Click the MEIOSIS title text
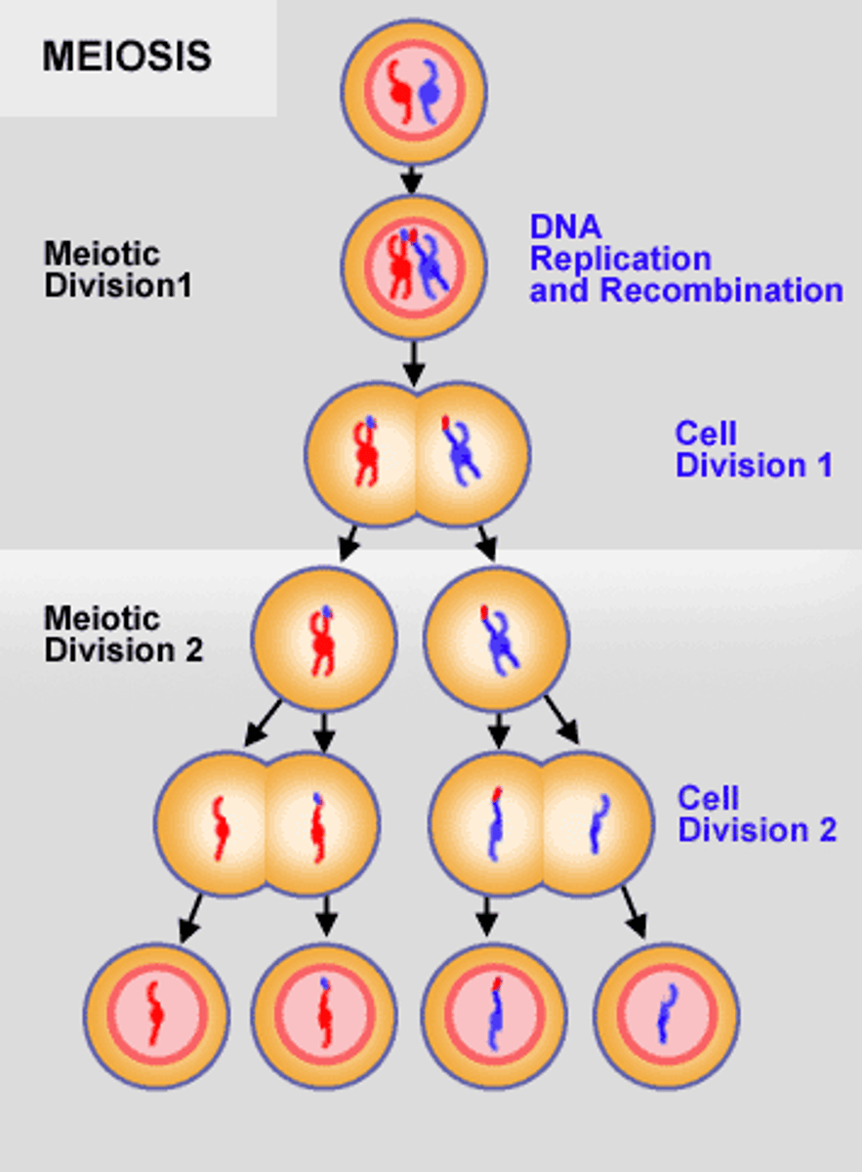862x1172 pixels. tap(127, 57)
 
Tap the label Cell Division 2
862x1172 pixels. tap(757, 815)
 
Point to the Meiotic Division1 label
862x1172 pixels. tap(116, 271)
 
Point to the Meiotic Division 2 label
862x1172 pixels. tap(123, 635)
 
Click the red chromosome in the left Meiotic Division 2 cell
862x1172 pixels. tap(322, 643)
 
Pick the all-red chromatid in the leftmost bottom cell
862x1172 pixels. tap(154, 1017)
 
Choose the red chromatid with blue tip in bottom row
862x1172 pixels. tap(323, 1016)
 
